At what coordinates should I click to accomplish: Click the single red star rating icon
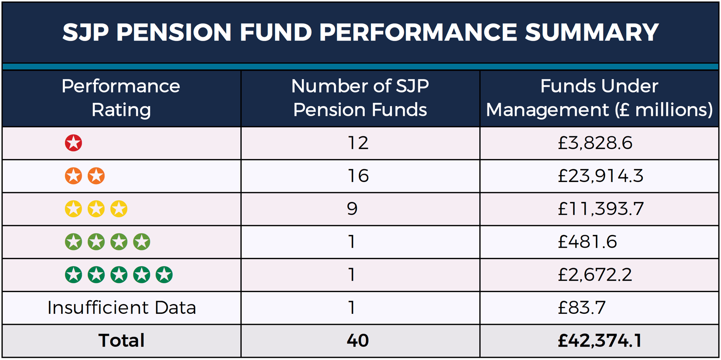73,143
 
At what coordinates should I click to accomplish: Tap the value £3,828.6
595,143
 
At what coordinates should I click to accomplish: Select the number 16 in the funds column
358,176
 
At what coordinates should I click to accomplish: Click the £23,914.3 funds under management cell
600,176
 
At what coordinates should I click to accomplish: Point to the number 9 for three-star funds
352,209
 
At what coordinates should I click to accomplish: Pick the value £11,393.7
600,209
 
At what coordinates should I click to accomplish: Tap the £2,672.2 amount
595,275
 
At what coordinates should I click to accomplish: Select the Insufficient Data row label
122,308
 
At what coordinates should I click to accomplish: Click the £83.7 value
581,308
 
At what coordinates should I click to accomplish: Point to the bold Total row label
122,340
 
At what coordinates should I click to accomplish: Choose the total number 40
358,340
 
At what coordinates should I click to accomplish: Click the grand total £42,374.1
600,340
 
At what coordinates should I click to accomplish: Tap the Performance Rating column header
121,98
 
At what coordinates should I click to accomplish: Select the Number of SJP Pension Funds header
360,98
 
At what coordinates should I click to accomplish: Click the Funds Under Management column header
599,98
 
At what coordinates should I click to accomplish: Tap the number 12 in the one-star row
358,143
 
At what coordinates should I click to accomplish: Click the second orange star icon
96,176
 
